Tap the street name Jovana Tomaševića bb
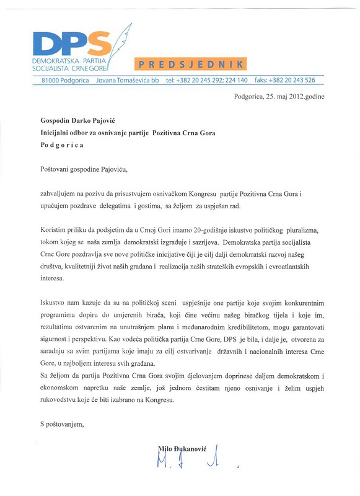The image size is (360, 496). click(x=123, y=80)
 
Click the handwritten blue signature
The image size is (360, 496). click(x=186, y=460)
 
